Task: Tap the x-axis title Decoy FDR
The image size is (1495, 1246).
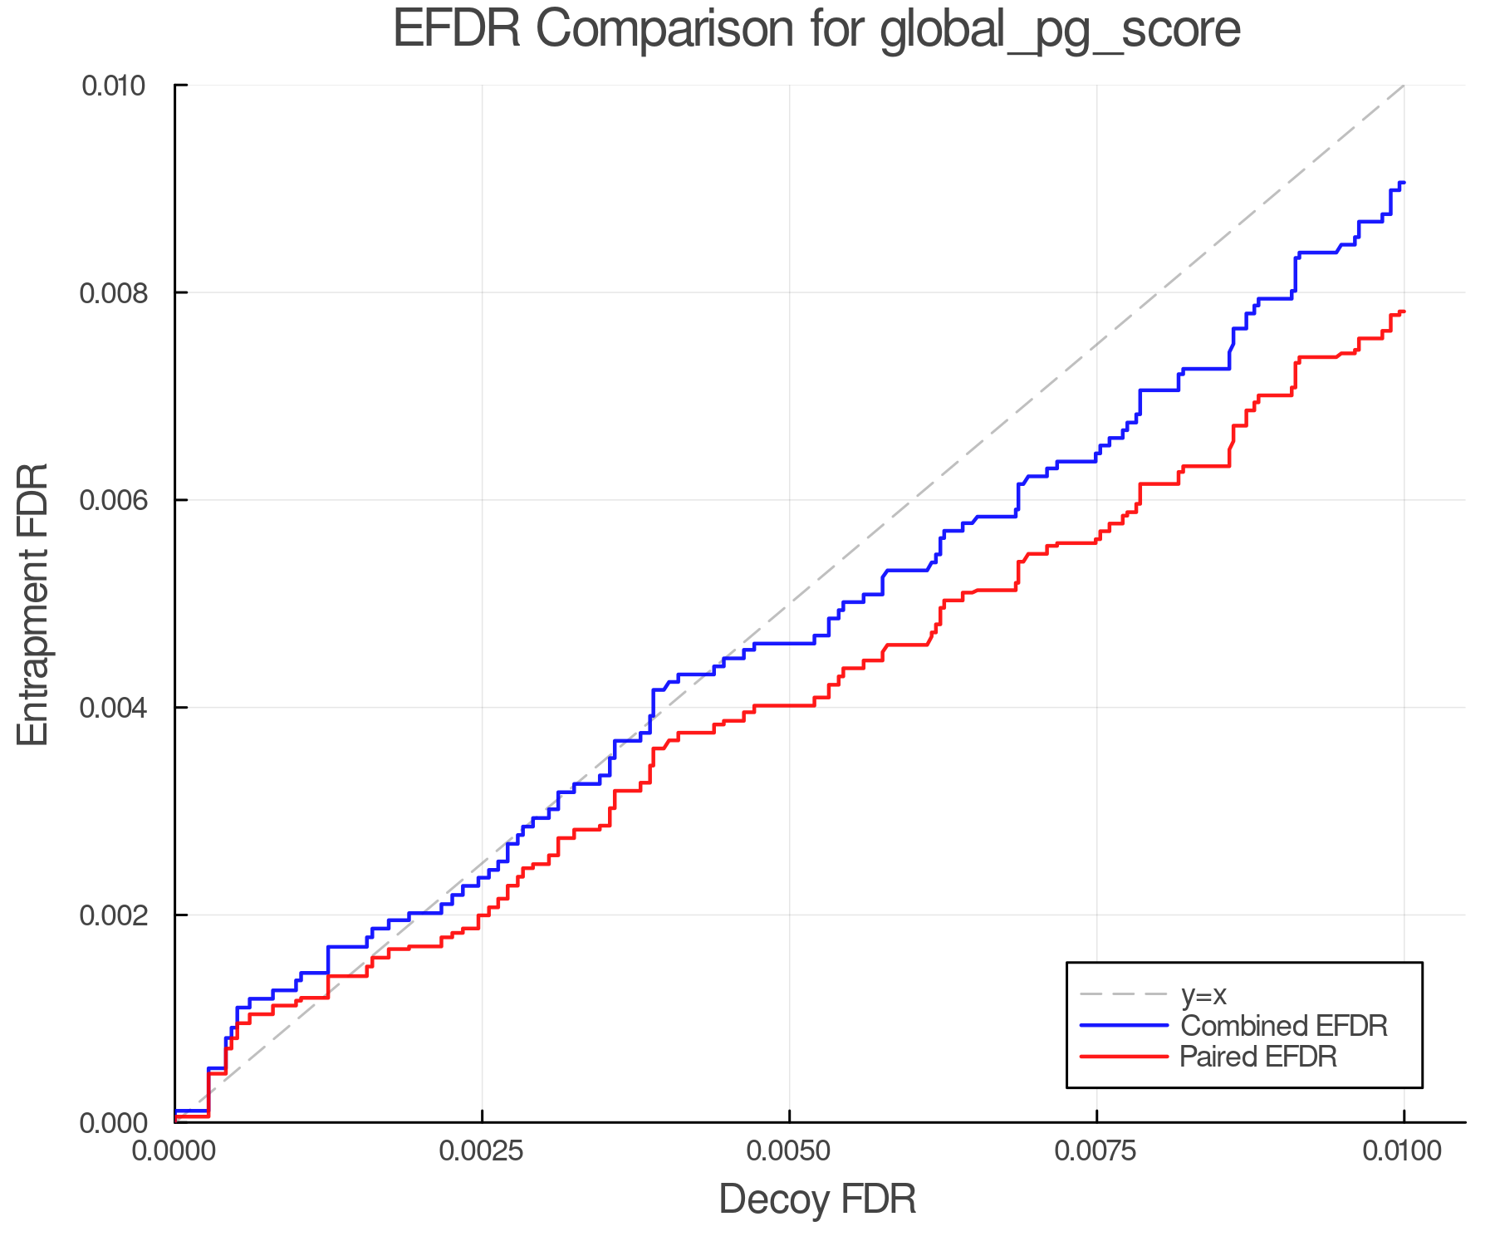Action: [817, 1199]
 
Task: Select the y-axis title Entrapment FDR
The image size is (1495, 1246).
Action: [33, 604]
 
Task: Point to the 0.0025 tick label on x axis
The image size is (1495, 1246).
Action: [482, 1151]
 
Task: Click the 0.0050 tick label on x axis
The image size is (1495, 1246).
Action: [789, 1151]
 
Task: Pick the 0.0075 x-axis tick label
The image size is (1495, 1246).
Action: [1096, 1151]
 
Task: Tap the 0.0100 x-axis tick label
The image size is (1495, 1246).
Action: [1404, 1151]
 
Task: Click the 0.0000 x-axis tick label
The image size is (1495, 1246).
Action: [174, 1151]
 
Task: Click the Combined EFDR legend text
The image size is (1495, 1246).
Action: [1283, 1026]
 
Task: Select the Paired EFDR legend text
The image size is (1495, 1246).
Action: [1258, 1057]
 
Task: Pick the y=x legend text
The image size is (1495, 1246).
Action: [1203, 994]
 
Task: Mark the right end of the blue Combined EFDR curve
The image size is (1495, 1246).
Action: [1404, 182]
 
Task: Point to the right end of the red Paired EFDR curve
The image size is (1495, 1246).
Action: [1404, 311]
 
